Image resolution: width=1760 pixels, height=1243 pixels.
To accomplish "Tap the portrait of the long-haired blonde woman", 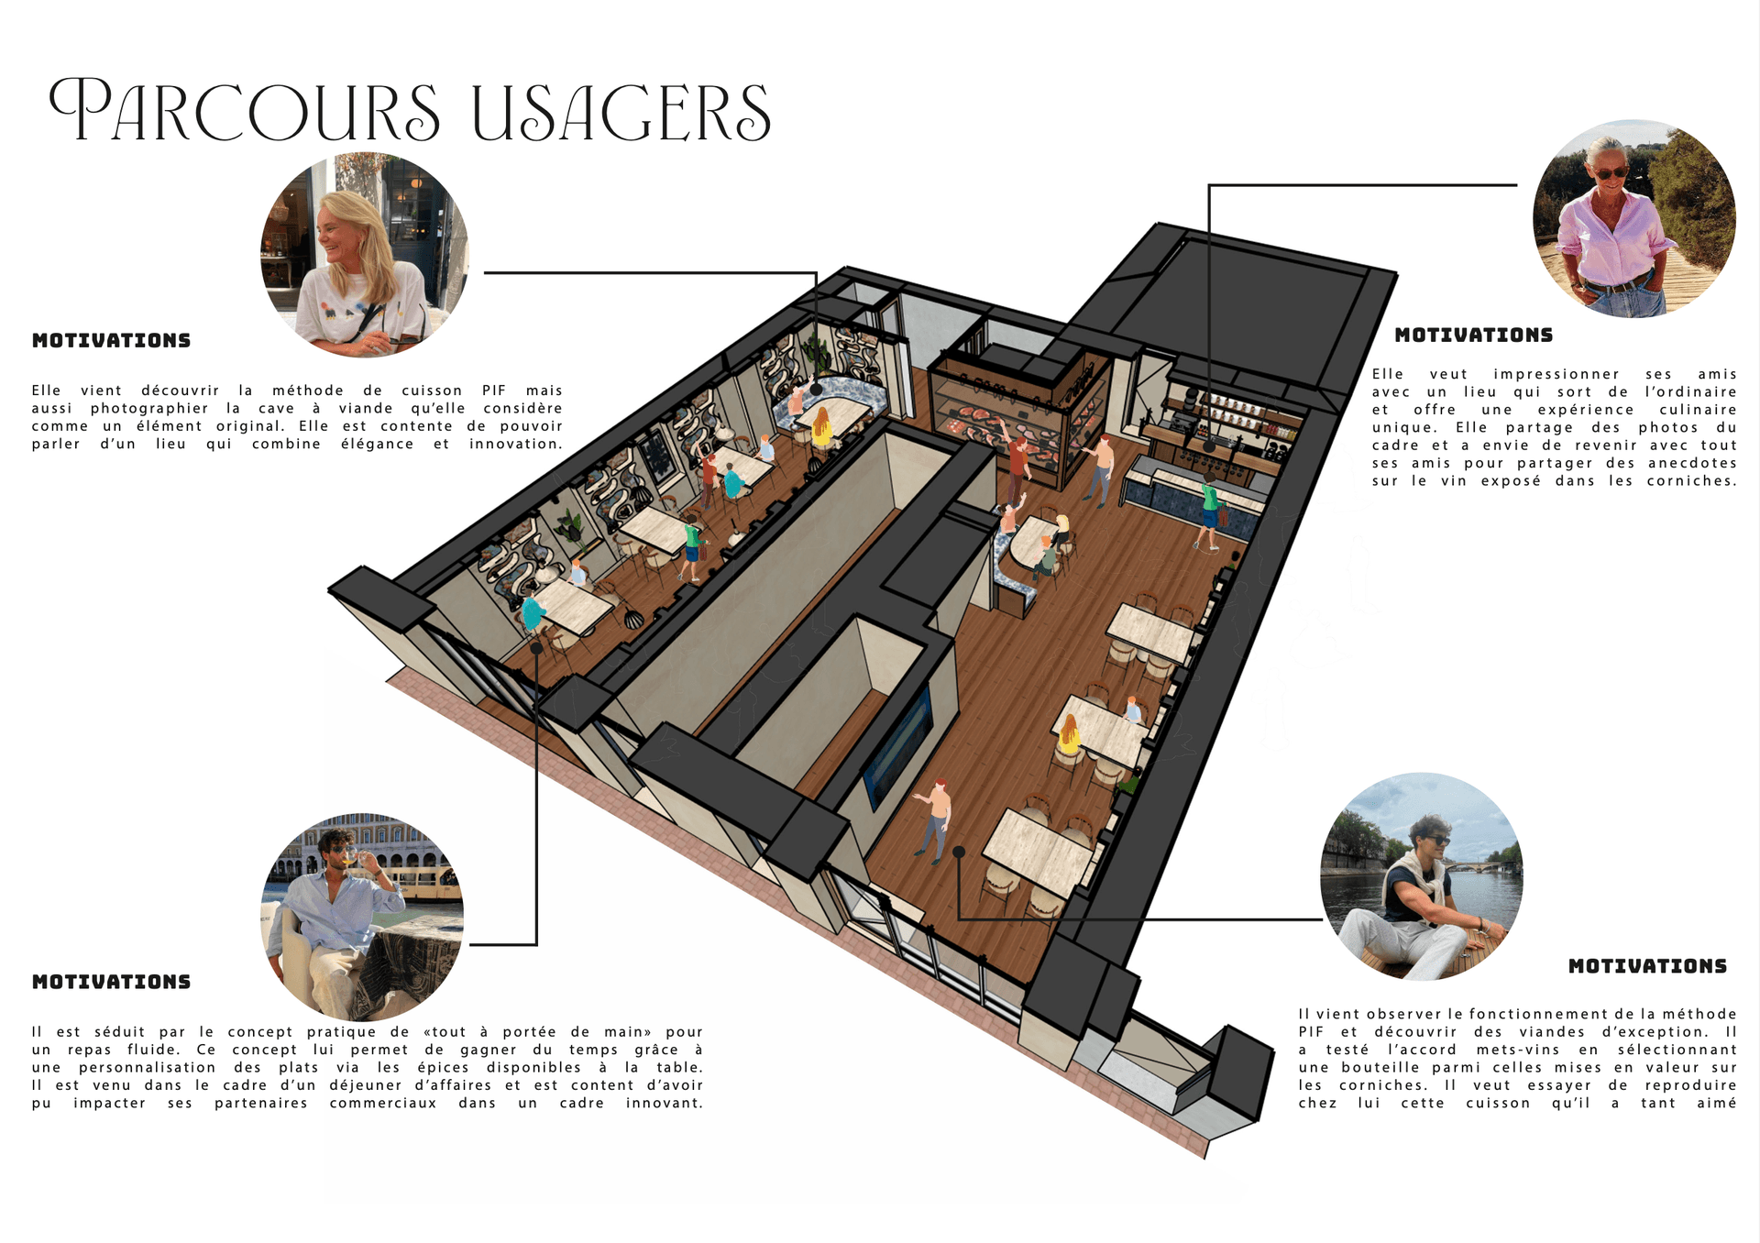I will click(365, 255).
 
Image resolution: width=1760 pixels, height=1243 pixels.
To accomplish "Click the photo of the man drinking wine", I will click(362, 918).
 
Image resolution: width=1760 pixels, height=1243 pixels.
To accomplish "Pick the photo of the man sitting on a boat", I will click(1421, 877).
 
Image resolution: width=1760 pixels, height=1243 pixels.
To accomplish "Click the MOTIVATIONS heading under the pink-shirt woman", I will click(1473, 335).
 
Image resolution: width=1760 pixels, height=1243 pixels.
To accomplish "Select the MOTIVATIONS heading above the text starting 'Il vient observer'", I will click(1647, 966).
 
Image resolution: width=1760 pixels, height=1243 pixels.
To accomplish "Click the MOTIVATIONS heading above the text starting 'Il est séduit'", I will click(111, 982).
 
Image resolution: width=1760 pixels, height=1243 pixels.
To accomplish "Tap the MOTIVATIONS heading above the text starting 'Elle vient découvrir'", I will click(111, 340).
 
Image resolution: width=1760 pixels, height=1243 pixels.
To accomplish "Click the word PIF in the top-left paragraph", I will click(494, 390).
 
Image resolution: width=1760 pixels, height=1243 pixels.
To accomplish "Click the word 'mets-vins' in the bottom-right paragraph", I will click(1517, 1050).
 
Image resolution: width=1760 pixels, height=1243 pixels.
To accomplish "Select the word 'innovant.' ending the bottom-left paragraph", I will click(665, 1103).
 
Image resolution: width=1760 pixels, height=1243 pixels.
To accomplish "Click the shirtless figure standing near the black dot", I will click(936, 819).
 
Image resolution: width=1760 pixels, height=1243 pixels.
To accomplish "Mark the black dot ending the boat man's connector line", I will click(959, 852).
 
